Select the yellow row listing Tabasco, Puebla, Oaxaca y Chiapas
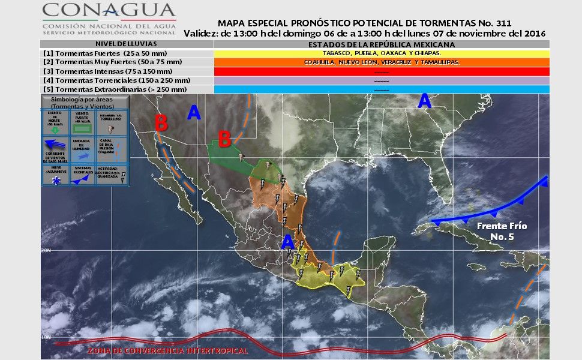click(x=382, y=53)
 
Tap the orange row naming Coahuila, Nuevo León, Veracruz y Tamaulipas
click(x=382, y=62)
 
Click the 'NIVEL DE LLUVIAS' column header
click(x=127, y=44)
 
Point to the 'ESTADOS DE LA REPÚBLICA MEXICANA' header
click(x=382, y=44)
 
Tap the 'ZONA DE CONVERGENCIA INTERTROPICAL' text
click(x=167, y=350)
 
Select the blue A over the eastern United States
click(x=424, y=101)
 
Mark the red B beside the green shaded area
click(x=224, y=139)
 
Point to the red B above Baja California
click(x=161, y=123)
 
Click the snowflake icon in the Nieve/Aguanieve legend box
click(x=56, y=179)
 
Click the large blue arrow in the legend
click(x=56, y=143)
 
